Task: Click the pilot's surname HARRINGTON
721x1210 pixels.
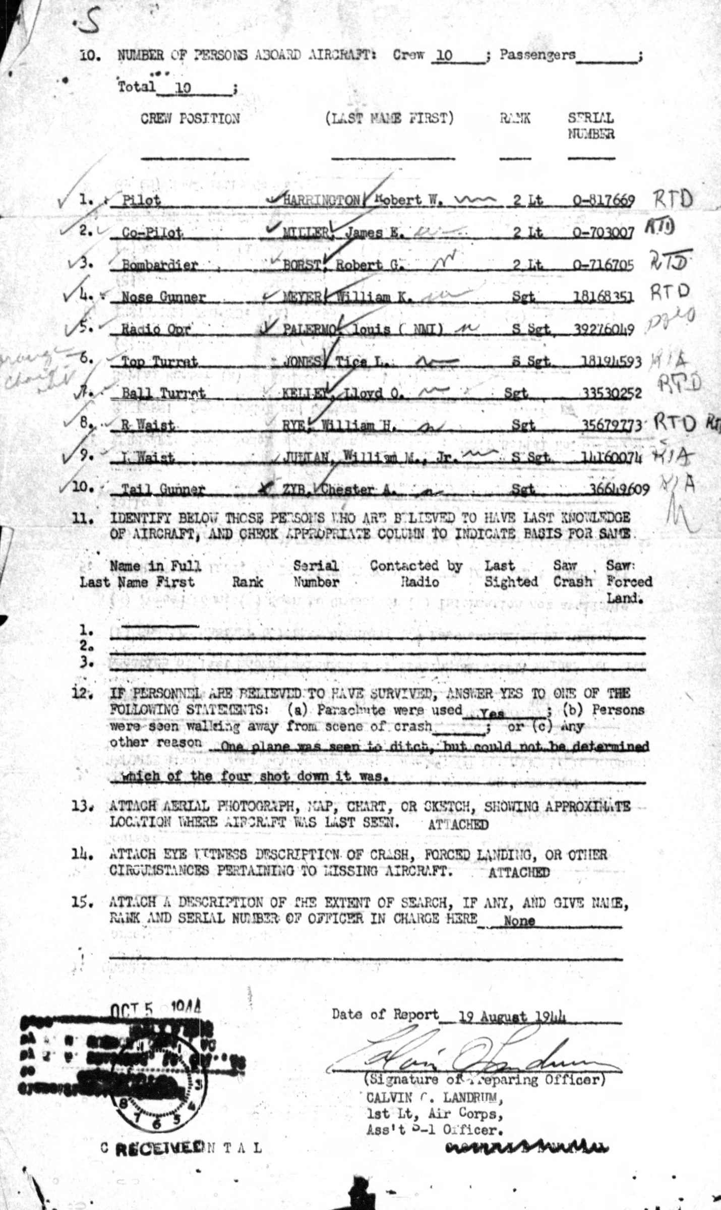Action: click(x=316, y=200)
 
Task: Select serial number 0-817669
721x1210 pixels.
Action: click(x=603, y=200)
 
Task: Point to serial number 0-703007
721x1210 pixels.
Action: click(x=603, y=232)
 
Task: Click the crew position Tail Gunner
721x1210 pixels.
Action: click(x=164, y=489)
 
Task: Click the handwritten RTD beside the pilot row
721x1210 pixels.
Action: click(x=673, y=200)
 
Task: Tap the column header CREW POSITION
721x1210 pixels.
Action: click(x=190, y=119)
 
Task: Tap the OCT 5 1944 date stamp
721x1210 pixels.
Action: click(x=155, y=1009)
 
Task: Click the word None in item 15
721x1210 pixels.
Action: click(x=519, y=921)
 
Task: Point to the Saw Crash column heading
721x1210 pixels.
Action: click(x=572, y=574)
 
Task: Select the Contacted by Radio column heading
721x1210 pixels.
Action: click(x=416, y=574)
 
